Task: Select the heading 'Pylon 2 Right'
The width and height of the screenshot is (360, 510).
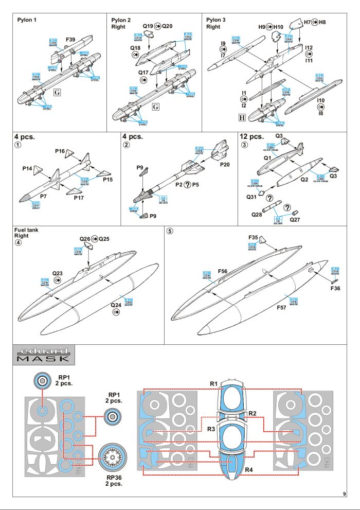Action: (122, 23)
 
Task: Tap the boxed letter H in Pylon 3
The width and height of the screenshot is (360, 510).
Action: (242, 116)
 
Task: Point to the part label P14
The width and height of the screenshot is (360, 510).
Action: (27, 168)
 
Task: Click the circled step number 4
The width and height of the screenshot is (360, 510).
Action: (19, 243)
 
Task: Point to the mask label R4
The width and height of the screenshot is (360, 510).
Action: (249, 469)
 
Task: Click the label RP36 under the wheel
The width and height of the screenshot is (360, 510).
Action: (114, 477)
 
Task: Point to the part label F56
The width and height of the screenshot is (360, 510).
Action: (223, 270)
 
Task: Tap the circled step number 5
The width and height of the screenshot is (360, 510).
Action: (170, 231)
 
